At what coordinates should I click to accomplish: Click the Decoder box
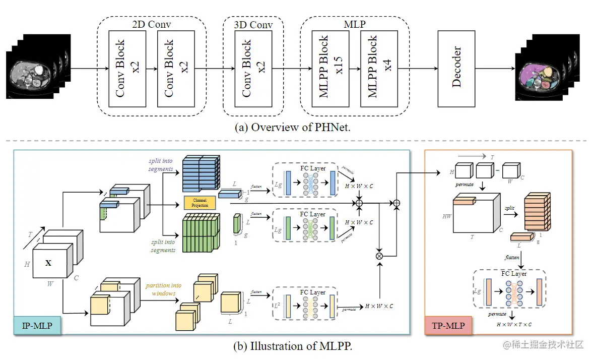pyautogui.click(x=456, y=69)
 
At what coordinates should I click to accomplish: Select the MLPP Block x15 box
pyautogui.click(x=330, y=69)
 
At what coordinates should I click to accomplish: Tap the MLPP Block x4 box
pyautogui.click(x=379, y=69)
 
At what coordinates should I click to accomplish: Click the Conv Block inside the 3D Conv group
pyautogui.click(x=253, y=69)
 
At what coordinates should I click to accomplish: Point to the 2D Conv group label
pyautogui.click(x=151, y=24)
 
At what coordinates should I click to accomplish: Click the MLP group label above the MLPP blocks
pyautogui.click(x=355, y=24)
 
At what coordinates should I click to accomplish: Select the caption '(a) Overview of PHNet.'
pyautogui.click(x=293, y=127)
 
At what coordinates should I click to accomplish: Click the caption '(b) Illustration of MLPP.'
pyautogui.click(x=292, y=346)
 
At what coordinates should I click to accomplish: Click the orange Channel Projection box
pyautogui.click(x=201, y=203)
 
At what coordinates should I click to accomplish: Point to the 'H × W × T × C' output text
pyautogui.click(x=513, y=325)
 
